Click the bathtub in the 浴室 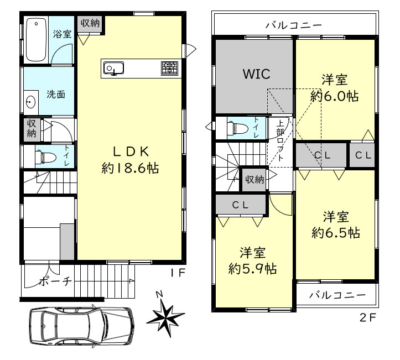(x=36, y=39)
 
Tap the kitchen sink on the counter (x=113, y=69)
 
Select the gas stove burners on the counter (x=169, y=69)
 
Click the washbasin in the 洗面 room (x=30, y=102)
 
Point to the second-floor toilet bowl (x=238, y=128)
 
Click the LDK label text (x=131, y=152)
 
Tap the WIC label (x=256, y=74)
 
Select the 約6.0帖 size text (x=334, y=96)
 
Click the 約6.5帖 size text (x=336, y=233)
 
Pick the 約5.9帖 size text (x=252, y=268)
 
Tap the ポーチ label (x=55, y=281)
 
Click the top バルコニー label (x=294, y=25)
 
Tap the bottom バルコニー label (x=337, y=295)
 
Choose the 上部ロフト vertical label (x=280, y=140)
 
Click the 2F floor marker (x=367, y=317)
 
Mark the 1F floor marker (x=178, y=273)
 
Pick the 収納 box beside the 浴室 (x=90, y=23)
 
